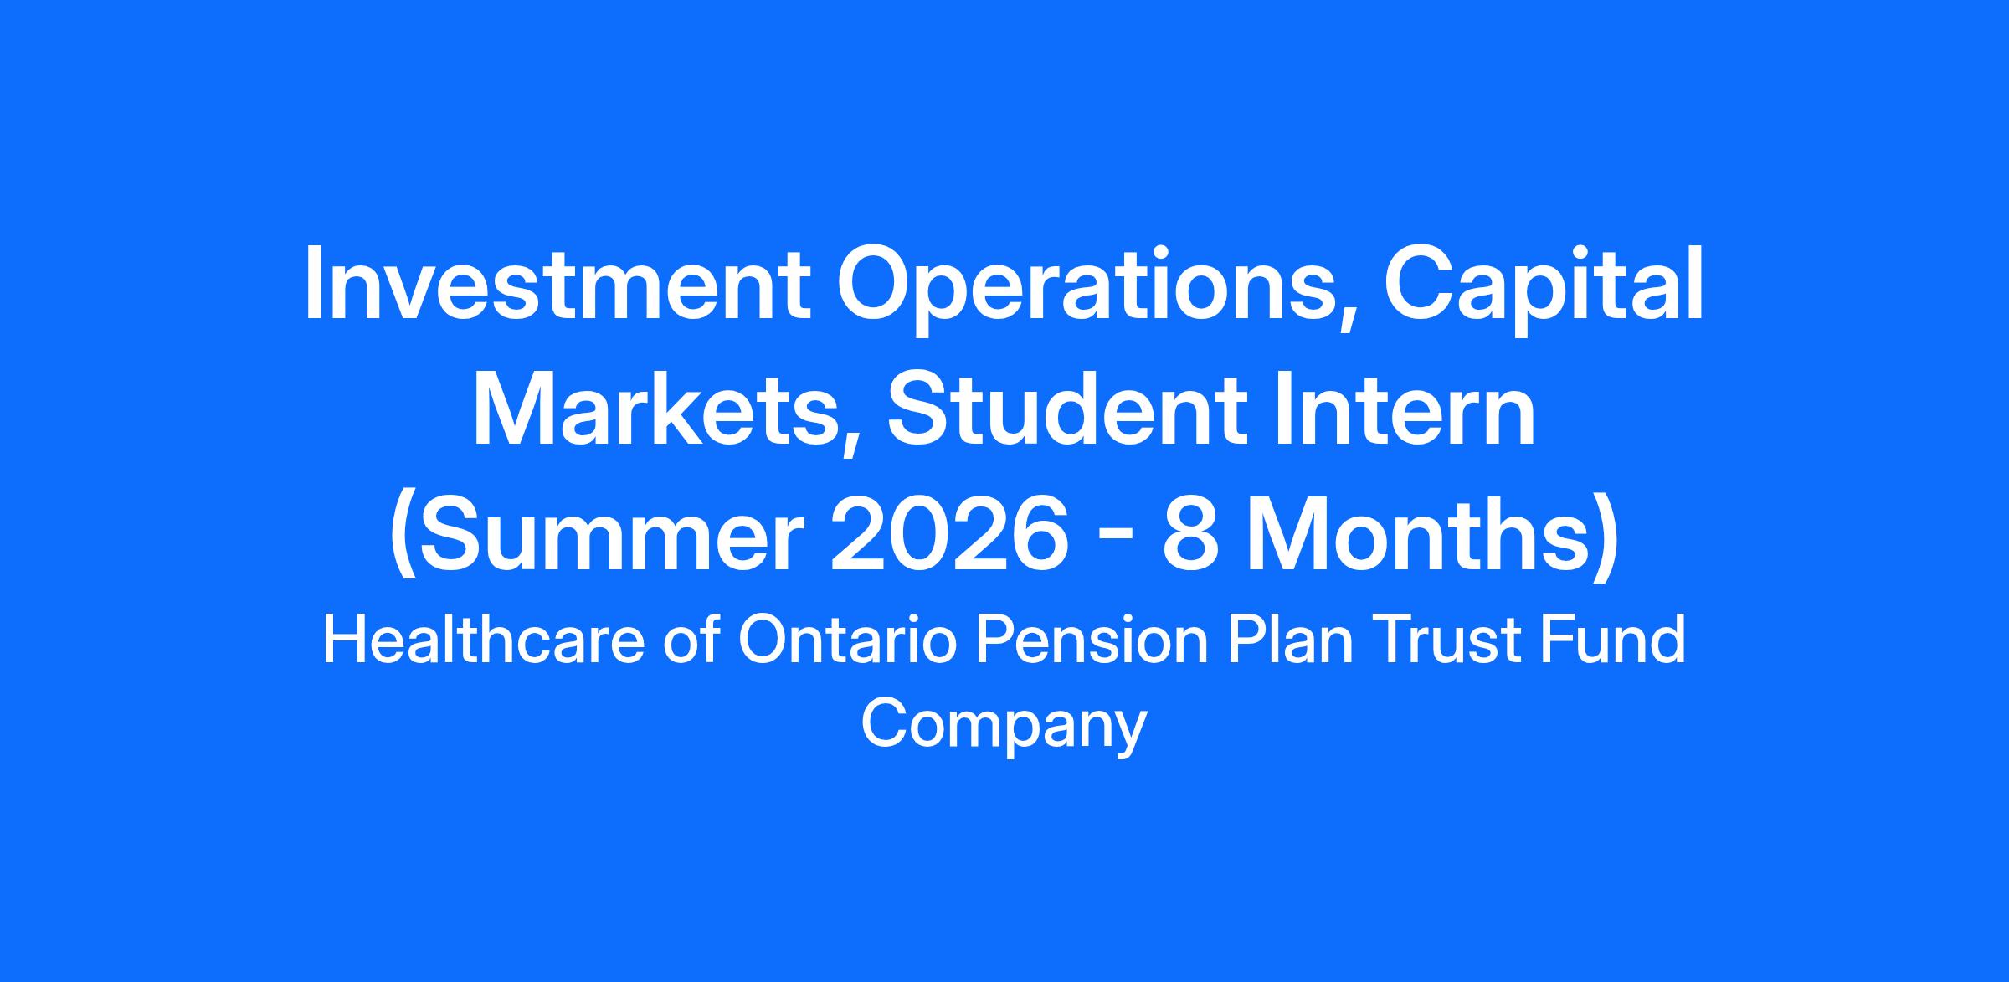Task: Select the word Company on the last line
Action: (1004, 726)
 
